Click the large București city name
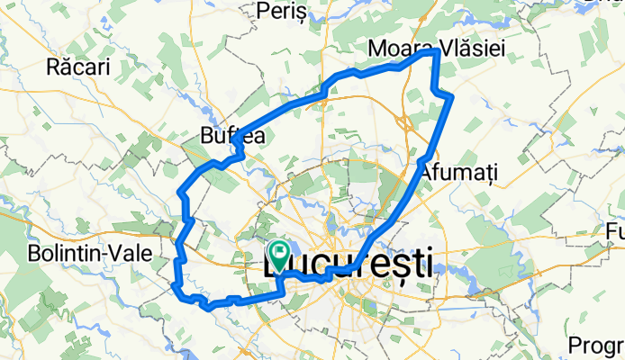348,264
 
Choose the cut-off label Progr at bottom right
597,346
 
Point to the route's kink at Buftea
236,143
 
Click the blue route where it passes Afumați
423,159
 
